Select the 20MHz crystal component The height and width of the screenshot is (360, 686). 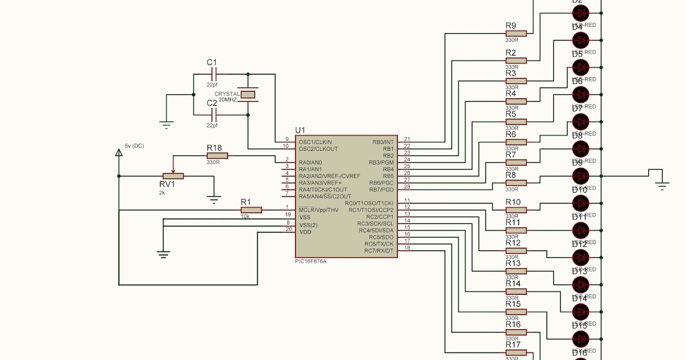click(248, 94)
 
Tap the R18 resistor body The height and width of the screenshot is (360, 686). click(217, 155)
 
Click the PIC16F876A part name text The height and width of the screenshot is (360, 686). click(311, 261)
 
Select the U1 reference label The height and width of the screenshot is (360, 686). click(301, 131)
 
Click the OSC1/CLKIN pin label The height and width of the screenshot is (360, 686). click(315, 142)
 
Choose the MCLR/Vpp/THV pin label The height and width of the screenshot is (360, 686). click(318, 210)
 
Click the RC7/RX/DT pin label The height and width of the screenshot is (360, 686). click(380, 251)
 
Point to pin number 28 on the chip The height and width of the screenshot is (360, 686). click(407, 187)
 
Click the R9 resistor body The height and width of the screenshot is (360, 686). click(516, 33)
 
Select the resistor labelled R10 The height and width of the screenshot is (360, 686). click(516, 210)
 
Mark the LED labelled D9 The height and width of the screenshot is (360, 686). click(581, 176)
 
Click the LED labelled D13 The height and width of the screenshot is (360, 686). click(581, 284)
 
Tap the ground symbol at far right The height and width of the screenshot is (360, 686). click(662, 183)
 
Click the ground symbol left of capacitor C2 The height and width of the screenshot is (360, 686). click(166, 123)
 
